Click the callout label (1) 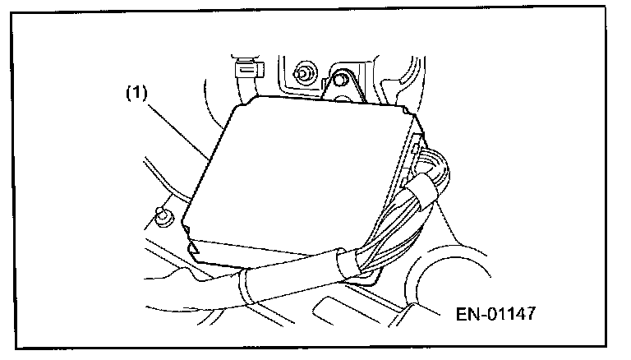coord(136,94)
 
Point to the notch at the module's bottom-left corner coord(194,245)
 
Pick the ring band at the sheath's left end coord(244,288)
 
